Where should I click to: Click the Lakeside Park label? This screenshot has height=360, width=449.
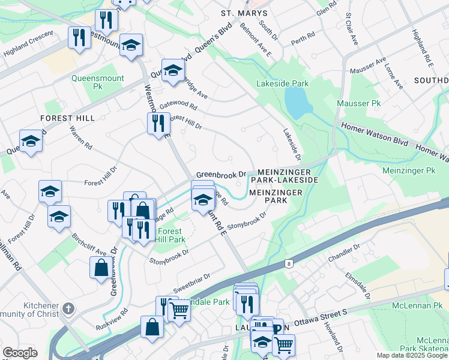point(282,83)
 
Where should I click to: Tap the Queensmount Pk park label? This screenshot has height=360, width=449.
point(97,82)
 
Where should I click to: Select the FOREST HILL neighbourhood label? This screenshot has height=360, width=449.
point(68,118)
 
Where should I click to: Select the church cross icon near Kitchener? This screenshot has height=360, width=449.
point(68,309)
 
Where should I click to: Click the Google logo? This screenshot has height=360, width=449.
point(20,353)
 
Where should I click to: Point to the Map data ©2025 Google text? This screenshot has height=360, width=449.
point(411,355)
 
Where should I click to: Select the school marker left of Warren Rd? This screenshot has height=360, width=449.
point(31,141)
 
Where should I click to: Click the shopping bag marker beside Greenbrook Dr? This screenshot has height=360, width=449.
point(100,267)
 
